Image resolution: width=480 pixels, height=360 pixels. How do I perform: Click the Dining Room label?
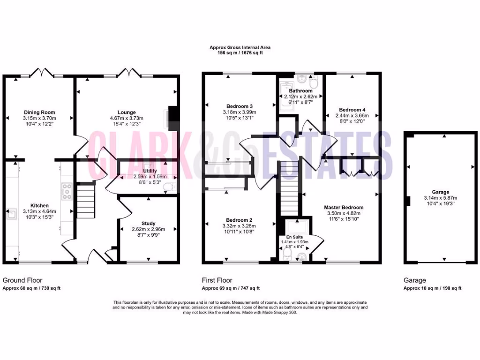(x=39, y=112)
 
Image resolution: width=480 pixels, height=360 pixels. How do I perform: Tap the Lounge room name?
(x=127, y=112)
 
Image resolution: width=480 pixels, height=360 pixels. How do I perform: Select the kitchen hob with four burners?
(x=66, y=191)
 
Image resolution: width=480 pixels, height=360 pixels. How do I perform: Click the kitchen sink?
(x=10, y=214)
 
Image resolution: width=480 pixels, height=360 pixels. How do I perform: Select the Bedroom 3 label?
(x=240, y=106)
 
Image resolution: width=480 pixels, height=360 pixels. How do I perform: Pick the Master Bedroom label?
(x=344, y=207)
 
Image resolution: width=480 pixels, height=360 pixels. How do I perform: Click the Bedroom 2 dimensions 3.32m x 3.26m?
(x=240, y=226)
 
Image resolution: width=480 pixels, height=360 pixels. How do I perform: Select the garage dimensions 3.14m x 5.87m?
(x=441, y=198)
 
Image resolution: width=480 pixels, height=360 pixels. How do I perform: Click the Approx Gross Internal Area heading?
(x=240, y=47)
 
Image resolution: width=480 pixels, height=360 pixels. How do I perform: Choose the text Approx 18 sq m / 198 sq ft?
(x=433, y=288)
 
